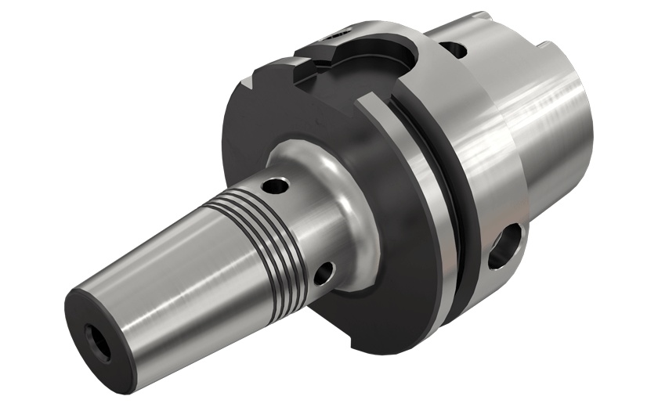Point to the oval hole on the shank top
click(454, 49)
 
